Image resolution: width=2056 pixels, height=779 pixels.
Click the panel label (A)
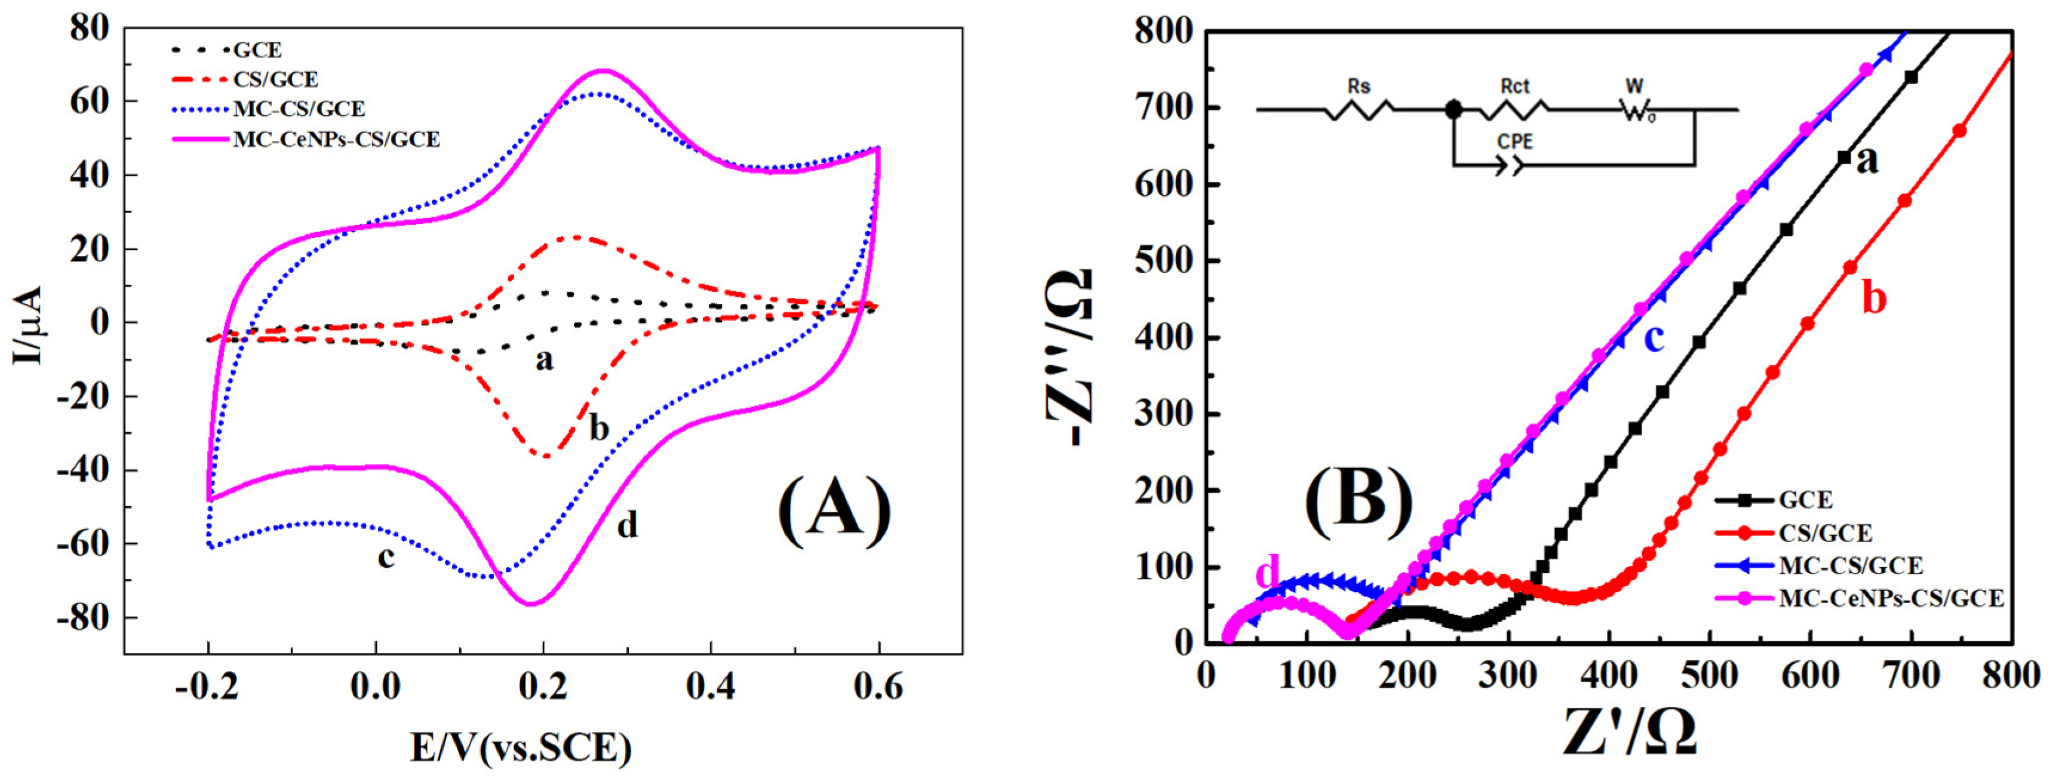click(834, 512)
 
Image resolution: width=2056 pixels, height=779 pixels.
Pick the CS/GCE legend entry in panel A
click(275, 79)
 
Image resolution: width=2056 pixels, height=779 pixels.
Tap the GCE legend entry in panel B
click(1805, 500)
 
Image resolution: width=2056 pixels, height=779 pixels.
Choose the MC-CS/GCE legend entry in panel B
click(1850, 566)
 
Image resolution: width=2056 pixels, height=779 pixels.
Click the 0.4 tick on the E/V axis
click(711, 687)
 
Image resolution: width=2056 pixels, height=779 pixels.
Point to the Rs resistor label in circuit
click(1359, 85)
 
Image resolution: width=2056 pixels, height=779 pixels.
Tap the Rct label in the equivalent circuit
click(1514, 85)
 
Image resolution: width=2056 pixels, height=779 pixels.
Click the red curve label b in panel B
click(1874, 298)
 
